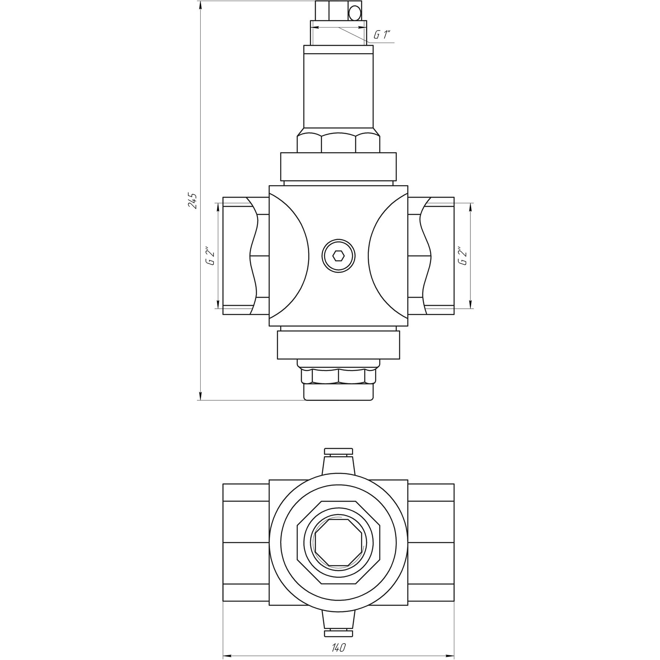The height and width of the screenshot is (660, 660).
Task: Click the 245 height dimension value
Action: (193, 201)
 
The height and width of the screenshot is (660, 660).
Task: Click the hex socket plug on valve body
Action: (338, 256)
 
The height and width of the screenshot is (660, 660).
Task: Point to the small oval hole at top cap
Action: (355, 14)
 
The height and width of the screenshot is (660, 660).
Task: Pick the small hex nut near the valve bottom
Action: (338, 376)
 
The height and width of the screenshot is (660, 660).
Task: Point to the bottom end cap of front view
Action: (338, 392)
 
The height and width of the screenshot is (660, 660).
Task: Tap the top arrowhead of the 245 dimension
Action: (200, 5)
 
